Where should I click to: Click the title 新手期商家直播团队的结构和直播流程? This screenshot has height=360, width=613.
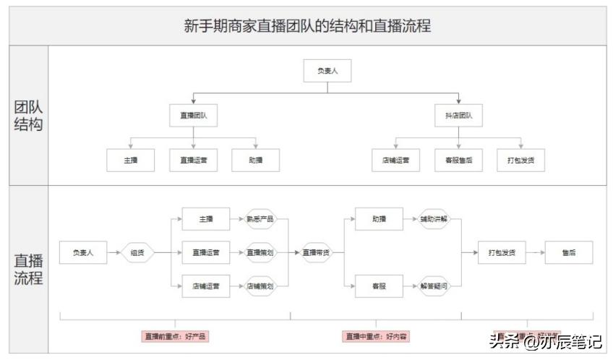[307, 26]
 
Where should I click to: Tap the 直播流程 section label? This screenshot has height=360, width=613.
[28, 268]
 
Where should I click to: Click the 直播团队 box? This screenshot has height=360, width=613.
[193, 115]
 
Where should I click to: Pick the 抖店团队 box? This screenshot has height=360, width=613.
[458, 115]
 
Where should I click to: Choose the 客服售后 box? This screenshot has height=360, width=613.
[458, 160]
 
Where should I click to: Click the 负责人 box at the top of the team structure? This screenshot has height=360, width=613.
[327, 70]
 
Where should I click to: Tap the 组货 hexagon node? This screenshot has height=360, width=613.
[137, 253]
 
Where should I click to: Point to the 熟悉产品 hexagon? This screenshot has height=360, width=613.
[260, 219]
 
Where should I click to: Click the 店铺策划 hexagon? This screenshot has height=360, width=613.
[260, 286]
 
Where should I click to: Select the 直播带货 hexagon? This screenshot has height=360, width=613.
[316, 253]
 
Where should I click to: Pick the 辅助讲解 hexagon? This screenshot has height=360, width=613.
[434, 219]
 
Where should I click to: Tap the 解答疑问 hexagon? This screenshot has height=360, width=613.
[434, 286]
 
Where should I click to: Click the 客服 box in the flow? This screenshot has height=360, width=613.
[379, 286]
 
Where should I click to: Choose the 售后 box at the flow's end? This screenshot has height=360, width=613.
[569, 253]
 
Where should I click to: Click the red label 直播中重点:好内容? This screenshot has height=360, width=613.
[375, 337]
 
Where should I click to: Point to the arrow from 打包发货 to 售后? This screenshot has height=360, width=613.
[535, 253]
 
